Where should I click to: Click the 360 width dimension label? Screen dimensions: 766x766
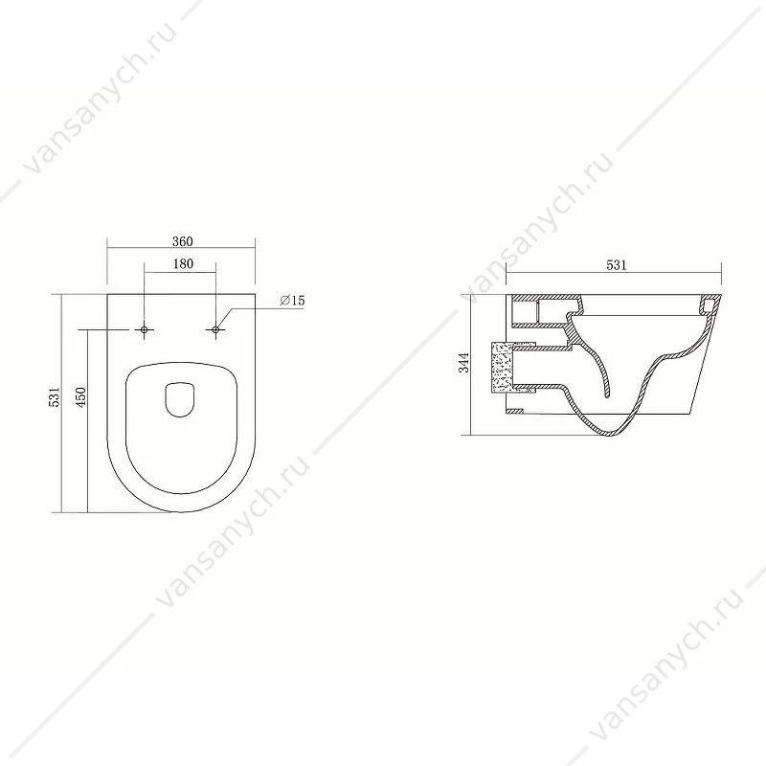tap(183, 241)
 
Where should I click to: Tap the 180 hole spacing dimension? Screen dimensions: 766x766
tap(183, 264)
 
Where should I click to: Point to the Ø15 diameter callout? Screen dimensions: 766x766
tap(292, 301)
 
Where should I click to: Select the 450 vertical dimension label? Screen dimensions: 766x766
tap(80, 397)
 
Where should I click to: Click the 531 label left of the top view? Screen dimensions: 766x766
tap(55, 396)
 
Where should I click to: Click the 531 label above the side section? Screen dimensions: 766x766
tap(616, 265)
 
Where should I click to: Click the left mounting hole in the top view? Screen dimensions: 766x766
tap(145, 330)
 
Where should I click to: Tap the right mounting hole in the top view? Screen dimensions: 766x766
tap(215, 330)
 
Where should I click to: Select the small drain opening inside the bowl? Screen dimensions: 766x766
tap(180, 399)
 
